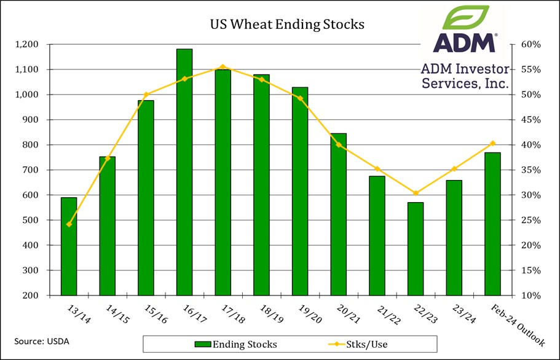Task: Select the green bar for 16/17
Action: [184, 172]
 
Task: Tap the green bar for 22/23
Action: [416, 249]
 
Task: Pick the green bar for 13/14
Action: [69, 246]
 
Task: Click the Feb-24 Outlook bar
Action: [492, 224]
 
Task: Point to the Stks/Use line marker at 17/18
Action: [223, 66]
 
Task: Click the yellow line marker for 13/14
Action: [69, 224]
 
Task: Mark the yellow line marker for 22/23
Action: [416, 194]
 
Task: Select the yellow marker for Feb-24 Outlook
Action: [492, 143]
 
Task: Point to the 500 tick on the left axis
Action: [32, 221]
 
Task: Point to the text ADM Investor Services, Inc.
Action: [465, 75]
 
